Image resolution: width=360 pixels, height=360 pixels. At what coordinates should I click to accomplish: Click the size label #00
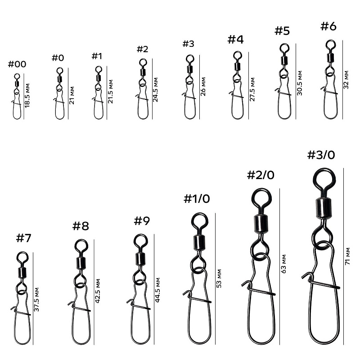(x=17, y=64)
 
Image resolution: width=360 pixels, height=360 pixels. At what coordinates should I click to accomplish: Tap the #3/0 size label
(x=321, y=155)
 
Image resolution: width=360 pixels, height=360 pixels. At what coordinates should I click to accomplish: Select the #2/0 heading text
(x=260, y=175)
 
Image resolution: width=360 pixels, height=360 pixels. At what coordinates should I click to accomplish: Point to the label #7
(x=23, y=238)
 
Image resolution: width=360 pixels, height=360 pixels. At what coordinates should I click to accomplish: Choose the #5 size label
(x=282, y=31)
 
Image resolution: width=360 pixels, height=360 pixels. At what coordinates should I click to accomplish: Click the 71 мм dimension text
(x=347, y=256)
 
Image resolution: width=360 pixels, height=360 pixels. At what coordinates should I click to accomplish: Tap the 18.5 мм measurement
(x=27, y=94)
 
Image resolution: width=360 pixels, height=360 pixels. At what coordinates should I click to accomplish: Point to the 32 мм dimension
(x=346, y=80)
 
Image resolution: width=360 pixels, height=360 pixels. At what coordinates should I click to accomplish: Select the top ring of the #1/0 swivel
(x=199, y=221)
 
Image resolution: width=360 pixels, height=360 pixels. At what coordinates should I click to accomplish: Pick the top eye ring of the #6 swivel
(x=330, y=44)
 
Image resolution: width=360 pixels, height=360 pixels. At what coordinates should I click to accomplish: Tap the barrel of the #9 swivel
(x=140, y=259)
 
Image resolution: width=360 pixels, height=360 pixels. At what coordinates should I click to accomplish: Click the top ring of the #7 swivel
(x=22, y=257)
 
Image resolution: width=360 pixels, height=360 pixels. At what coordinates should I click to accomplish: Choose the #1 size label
(x=97, y=56)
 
